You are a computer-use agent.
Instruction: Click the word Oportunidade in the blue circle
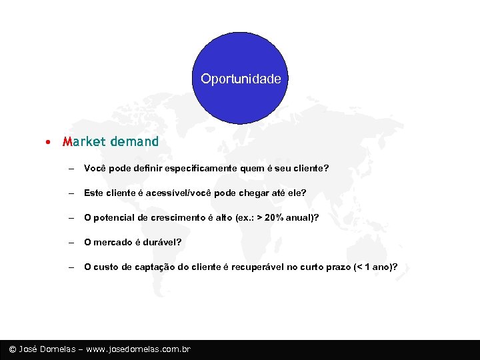pyautogui.click(x=241, y=79)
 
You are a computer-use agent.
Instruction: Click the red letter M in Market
pyautogui.click(x=67, y=142)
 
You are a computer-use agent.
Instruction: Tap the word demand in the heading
pyautogui.click(x=135, y=142)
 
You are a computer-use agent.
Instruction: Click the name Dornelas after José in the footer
pyautogui.click(x=62, y=349)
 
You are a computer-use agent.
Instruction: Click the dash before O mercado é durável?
pyautogui.click(x=70, y=242)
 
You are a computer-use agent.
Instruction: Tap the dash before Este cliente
pyautogui.click(x=70, y=193)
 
